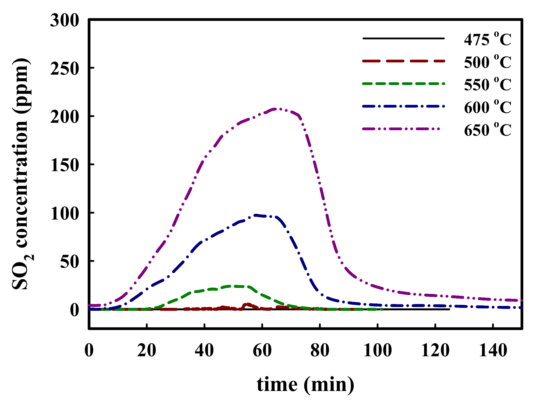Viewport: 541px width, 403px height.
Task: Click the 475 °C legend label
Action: coord(487,39)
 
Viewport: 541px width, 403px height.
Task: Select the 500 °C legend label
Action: coord(487,62)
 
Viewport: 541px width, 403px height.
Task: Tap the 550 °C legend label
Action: coord(487,84)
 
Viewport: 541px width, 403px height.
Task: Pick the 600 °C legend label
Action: coord(487,107)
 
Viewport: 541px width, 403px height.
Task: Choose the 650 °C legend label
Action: coord(487,130)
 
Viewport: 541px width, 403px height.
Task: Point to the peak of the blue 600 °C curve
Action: coord(256,215)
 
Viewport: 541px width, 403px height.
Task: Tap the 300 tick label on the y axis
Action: coord(64,20)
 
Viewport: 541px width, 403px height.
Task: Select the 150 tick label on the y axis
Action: coord(64,165)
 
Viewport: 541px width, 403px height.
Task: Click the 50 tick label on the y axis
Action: coord(69,261)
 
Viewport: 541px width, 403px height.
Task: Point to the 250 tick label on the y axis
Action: coord(64,68)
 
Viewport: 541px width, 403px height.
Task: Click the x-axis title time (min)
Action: coord(305,384)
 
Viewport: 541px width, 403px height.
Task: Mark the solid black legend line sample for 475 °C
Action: coord(403,39)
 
